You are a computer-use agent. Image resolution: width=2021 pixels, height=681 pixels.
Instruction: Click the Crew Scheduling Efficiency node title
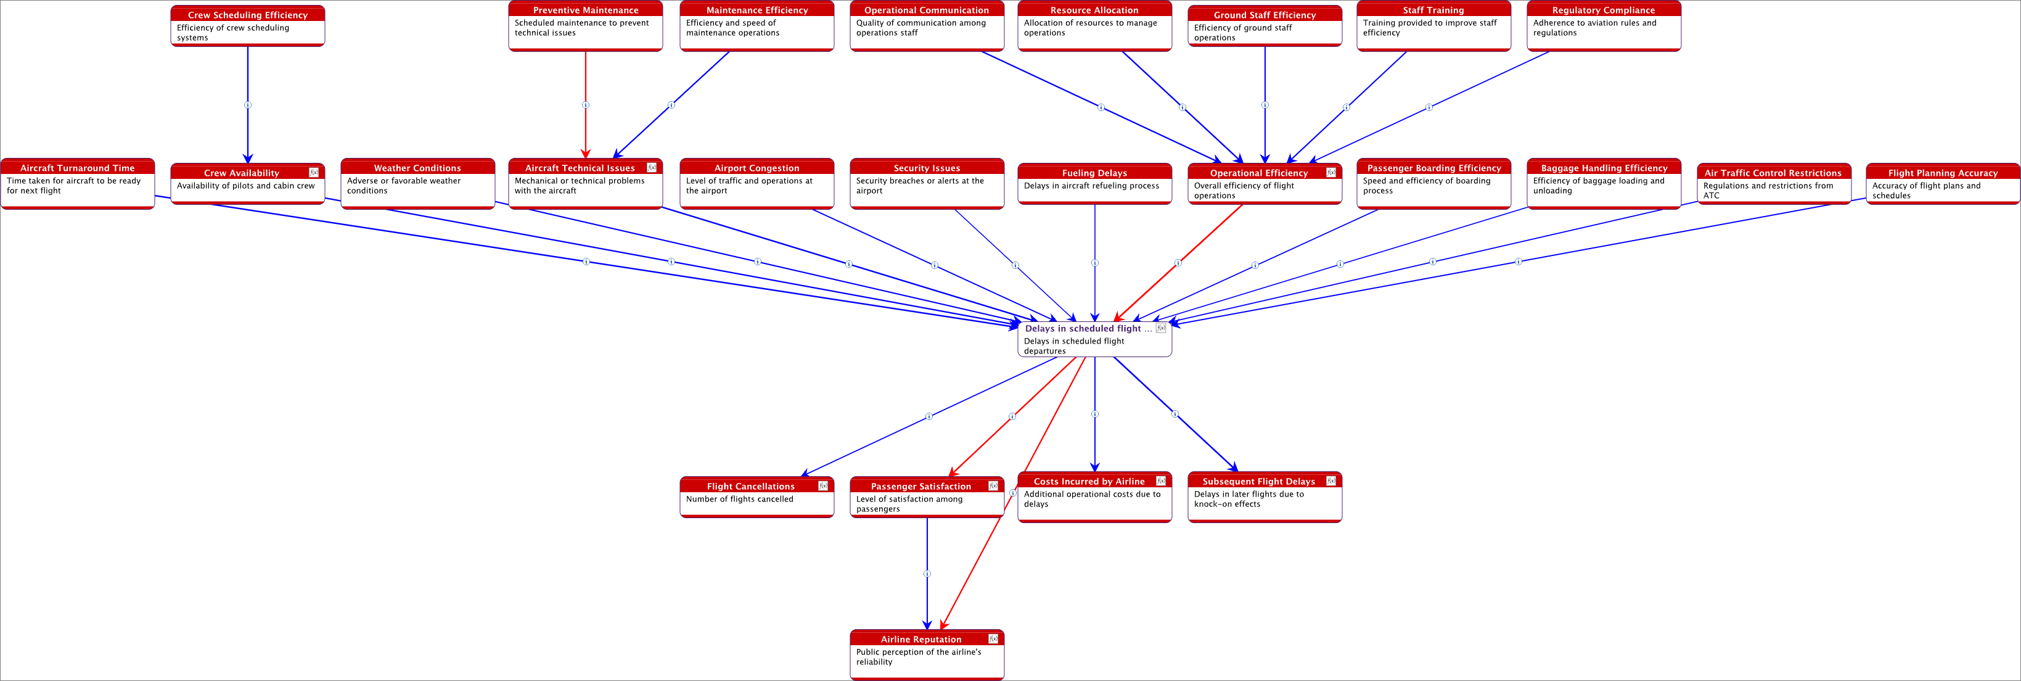tap(247, 15)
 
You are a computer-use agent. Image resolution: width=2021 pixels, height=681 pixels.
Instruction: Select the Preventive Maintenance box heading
tap(585, 10)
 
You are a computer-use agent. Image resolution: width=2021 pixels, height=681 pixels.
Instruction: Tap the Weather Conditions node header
tap(417, 168)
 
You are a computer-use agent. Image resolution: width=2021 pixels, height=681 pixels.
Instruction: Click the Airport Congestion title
tap(756, 168)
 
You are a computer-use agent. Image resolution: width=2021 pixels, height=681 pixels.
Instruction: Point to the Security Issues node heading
tap(927, 168)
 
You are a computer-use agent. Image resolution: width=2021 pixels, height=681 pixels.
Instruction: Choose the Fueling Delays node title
tap(1094, 173)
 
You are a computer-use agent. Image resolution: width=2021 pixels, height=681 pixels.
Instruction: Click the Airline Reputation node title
tap(920, 640)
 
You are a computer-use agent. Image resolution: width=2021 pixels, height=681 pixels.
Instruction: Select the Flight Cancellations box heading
tap(750, 487)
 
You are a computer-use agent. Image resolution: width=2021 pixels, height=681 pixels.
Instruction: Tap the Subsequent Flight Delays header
tap(1258, 482)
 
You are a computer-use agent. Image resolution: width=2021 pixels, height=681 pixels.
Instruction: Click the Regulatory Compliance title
tap(1603, 10)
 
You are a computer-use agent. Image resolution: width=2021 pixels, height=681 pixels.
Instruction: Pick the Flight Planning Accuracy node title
tap(1943, 173)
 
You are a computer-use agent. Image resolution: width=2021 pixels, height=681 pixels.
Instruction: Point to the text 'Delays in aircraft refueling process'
tap(1091, 186)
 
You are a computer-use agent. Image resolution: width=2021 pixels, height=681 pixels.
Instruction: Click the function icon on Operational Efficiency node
tap(1331, 172)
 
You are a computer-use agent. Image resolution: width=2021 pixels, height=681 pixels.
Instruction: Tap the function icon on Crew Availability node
tap(314, 172)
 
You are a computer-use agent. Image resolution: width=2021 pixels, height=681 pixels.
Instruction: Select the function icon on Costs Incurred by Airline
tap(1161, 481)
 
